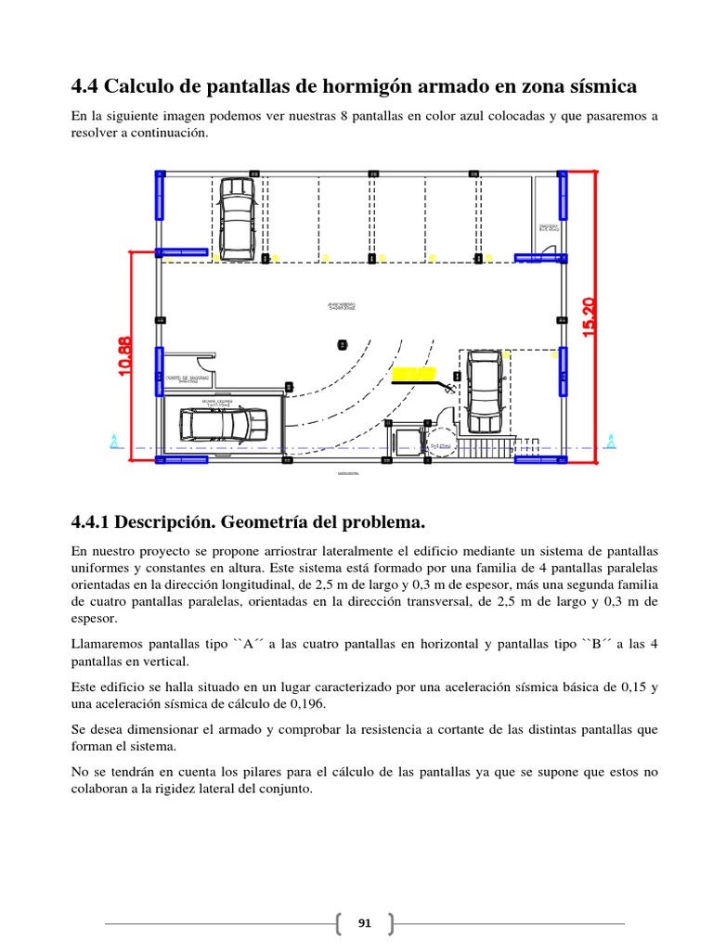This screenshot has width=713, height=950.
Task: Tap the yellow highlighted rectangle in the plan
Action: pos(413,374)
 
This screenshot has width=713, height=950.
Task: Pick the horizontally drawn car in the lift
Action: pos(220,425)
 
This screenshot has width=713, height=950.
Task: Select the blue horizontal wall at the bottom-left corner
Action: pos(182,459)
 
